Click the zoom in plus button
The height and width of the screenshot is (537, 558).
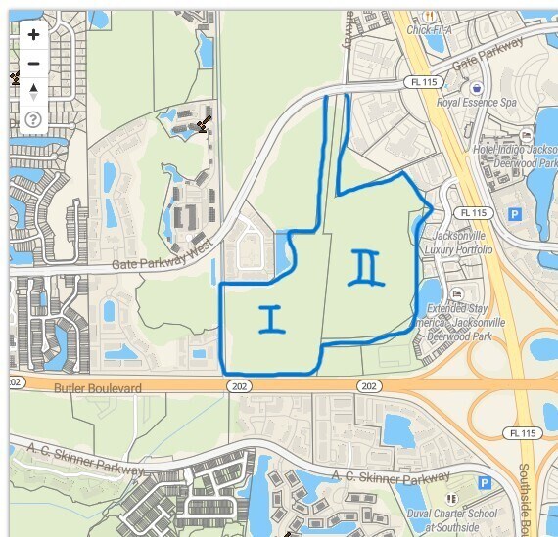click(33, 35)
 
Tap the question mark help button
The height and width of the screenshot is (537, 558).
click(33, 120)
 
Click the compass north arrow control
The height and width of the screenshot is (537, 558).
click(33, 92)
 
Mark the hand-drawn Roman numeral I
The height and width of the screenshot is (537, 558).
click(268, 319)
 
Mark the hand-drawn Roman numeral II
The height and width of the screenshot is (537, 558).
click(366, 267)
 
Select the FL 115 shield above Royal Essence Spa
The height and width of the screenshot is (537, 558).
click(423, 82)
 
